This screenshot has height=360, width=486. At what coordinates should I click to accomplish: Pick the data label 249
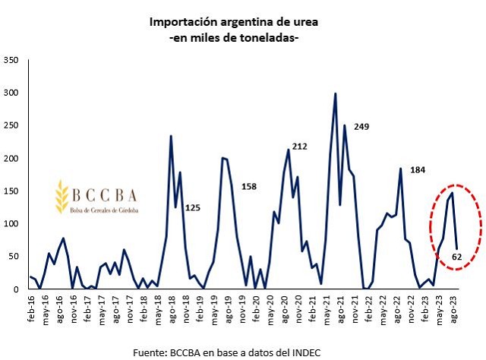click(361, 126)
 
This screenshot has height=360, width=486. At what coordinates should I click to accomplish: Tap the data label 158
click(250, 186)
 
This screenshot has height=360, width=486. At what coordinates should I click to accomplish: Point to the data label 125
click(193, 207)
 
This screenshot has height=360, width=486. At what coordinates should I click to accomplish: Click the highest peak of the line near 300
click(335, 94)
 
